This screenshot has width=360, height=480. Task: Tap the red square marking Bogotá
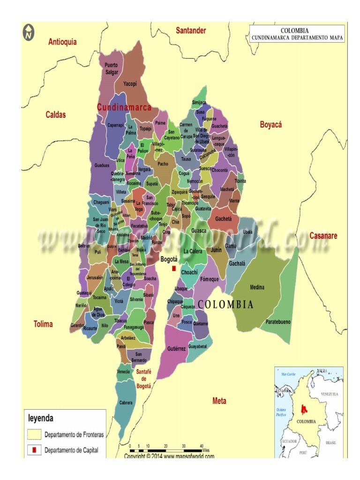tap(174, 268)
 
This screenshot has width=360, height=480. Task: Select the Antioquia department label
tap(62, 42)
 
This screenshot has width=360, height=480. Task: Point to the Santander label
tap(191, 30)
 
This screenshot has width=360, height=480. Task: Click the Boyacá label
tap(270, 125)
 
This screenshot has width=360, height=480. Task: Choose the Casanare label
tap(323, 236)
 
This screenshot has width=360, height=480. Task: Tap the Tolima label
tap(43, 324)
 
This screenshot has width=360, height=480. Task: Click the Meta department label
tap(219, 401)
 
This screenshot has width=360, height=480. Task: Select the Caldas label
tap(56, 115)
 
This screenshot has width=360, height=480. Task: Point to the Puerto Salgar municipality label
tap(112, 68)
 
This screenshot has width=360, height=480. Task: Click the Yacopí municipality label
tap(130, 84)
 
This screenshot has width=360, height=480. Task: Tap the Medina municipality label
tap(257, 287)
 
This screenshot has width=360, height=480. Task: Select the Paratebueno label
tap(278, 322)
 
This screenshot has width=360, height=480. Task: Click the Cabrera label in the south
tap(126, 403)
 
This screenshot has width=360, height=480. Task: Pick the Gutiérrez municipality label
tap(176, 349)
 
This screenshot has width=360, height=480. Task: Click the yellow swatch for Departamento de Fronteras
tap(34, 434)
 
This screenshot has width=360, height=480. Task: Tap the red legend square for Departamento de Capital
tap(34, 450)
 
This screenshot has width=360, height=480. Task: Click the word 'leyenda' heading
tap(41, 418)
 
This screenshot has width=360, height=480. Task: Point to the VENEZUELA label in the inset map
tap(330, 395)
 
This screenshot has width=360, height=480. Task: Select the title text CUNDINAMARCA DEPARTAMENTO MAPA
tap(297, 38)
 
